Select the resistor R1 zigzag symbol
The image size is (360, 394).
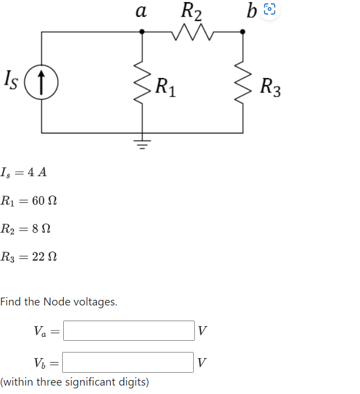point(142,81)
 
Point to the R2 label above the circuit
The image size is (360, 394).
point(192,11)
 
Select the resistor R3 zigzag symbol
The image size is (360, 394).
point(242,81)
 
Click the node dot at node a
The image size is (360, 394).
point(142,32)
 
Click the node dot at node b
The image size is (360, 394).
point(242,32)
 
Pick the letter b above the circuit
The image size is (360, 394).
point(251,10)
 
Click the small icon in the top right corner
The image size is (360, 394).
point(269,10)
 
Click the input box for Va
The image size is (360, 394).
point(129,331)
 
